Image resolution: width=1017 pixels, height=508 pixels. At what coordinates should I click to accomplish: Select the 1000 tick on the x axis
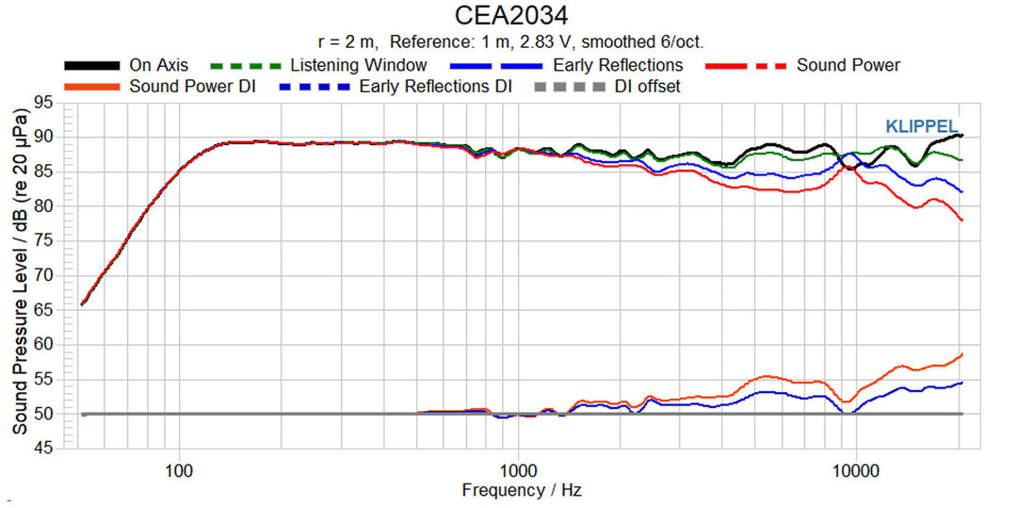pyautogui.click(x=517, y=469)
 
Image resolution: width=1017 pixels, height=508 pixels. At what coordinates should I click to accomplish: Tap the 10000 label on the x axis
pyautogui.click(x=855, y=469)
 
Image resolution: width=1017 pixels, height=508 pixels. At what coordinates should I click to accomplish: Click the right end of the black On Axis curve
pyautogui.click(x=960, y=136)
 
